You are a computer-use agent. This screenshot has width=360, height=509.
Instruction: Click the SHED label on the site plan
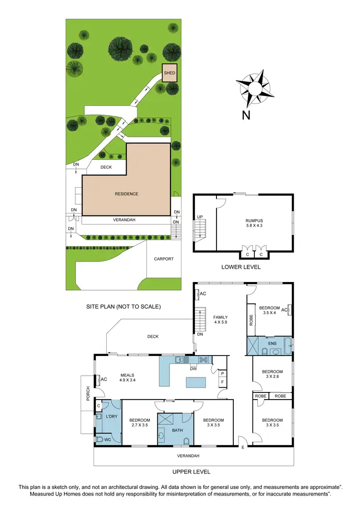pos(169,73)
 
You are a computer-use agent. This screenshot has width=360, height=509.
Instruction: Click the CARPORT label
pos(164,259)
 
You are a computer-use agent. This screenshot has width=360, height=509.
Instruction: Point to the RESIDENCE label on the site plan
pos(126,194)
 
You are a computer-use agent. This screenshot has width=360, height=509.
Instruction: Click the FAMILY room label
pos(221,317)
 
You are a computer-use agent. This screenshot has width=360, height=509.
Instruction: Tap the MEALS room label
pos(127,375)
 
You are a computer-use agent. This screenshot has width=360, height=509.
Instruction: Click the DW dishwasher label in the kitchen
pos(192,369)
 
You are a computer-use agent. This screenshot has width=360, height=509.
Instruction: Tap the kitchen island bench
pos(195,382)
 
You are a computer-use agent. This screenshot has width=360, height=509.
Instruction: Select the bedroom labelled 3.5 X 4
pos(269,310)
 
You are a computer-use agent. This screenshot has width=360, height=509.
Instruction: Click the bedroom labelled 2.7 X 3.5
pos(140,423)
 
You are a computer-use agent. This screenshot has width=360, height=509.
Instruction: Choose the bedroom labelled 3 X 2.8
pos(272,374)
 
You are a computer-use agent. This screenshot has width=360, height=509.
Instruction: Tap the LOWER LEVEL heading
pos(241,267)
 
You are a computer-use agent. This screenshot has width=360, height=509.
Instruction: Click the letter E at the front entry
pos(243,448)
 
